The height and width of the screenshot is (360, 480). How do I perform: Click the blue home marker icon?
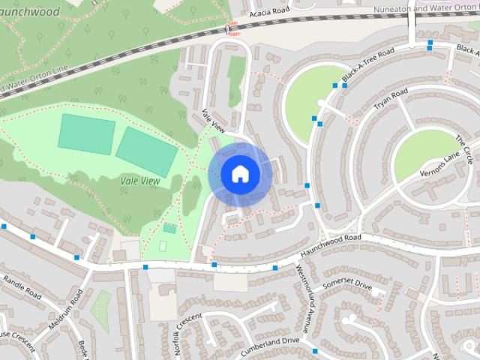pos(240,174)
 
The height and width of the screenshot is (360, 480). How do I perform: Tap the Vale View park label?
pos(140,181)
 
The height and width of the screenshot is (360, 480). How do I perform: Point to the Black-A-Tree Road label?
pos(367,66)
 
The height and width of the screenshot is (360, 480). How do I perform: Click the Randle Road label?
pos(23,286)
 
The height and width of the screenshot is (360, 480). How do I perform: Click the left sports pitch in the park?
pos(86,134)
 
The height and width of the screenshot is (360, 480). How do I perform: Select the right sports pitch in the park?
pos(147,150)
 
